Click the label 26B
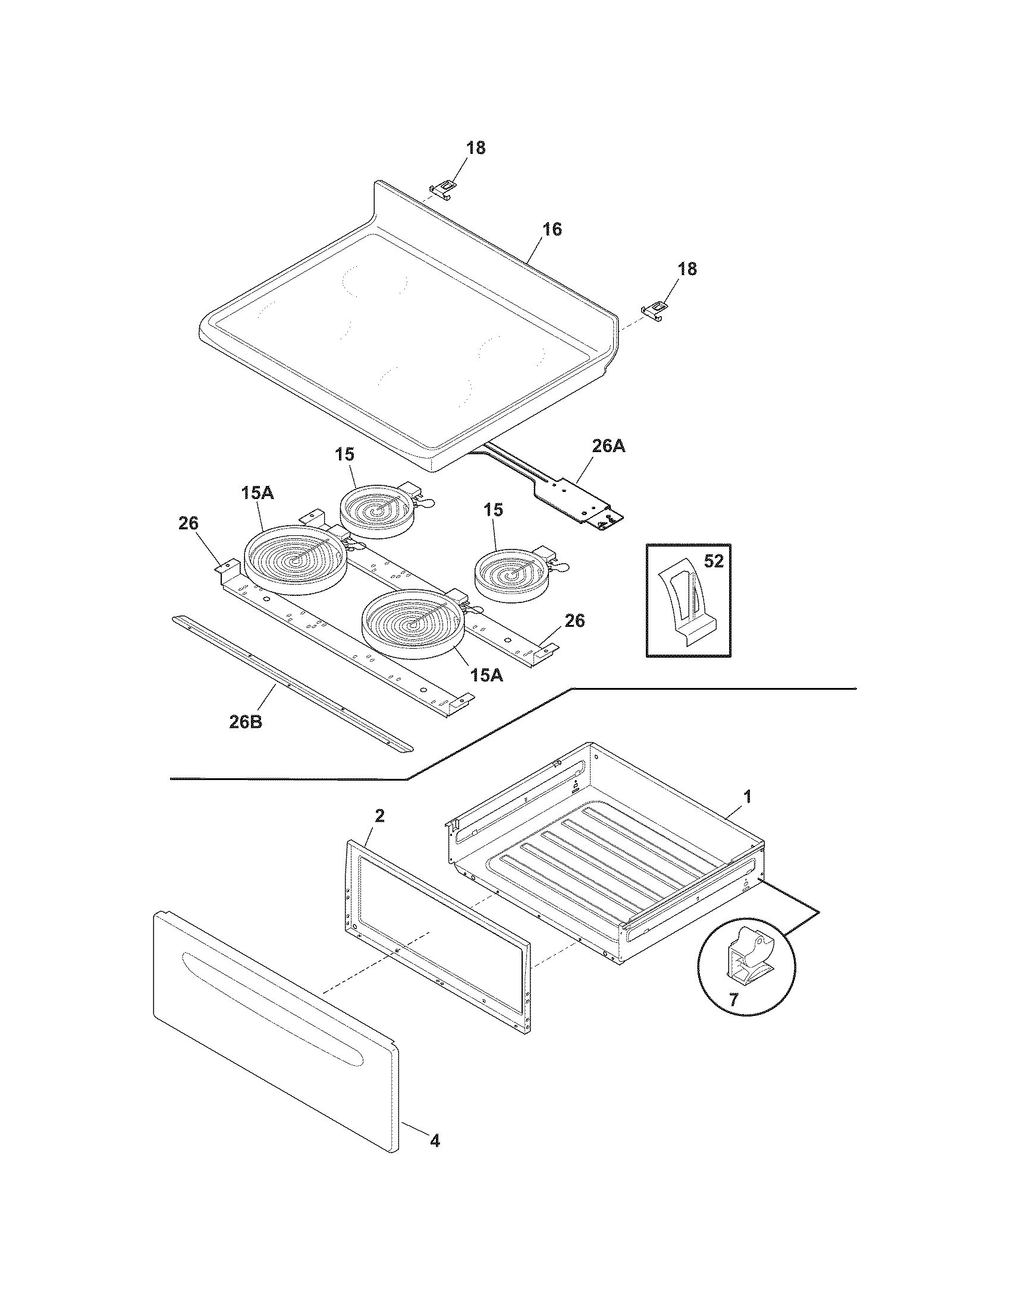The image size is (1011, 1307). coord(246,721)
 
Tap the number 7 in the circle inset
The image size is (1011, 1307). coord(734,998)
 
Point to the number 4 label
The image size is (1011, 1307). coord(435,1141)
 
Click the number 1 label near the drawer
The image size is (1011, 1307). coord(747,797)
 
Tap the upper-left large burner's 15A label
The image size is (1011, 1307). coord(258,493)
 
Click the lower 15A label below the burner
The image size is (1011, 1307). coord(486,675)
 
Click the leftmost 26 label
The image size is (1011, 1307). coord(188,523)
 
